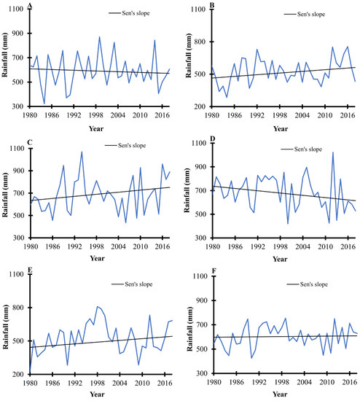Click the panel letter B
(211, 6)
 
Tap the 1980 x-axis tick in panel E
(30, 383)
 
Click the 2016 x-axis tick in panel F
(341, 384)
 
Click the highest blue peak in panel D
(333, 152)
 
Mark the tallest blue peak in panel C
(82, 152)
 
